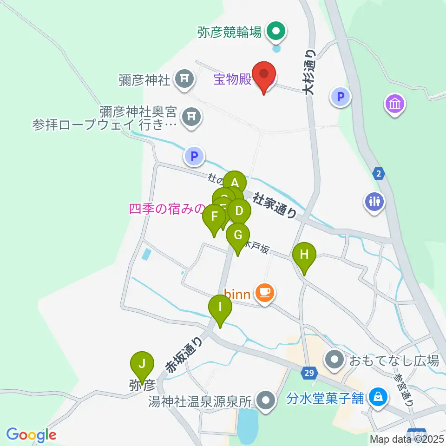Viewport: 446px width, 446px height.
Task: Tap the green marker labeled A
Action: point(235,182)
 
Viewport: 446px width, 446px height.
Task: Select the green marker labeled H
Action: point(304,256)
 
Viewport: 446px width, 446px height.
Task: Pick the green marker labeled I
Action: point(220,308)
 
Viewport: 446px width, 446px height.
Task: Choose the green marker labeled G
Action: point(238,236)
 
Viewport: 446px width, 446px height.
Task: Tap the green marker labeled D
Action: point(239,211)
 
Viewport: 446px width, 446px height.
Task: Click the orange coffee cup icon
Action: point(264,292)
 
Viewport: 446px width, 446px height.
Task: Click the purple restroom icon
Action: point(374,202)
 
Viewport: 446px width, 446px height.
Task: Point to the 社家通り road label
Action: point(275,206)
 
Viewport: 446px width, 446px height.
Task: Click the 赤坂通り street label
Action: point(184,355)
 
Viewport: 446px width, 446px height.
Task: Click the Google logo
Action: point(32,435)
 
